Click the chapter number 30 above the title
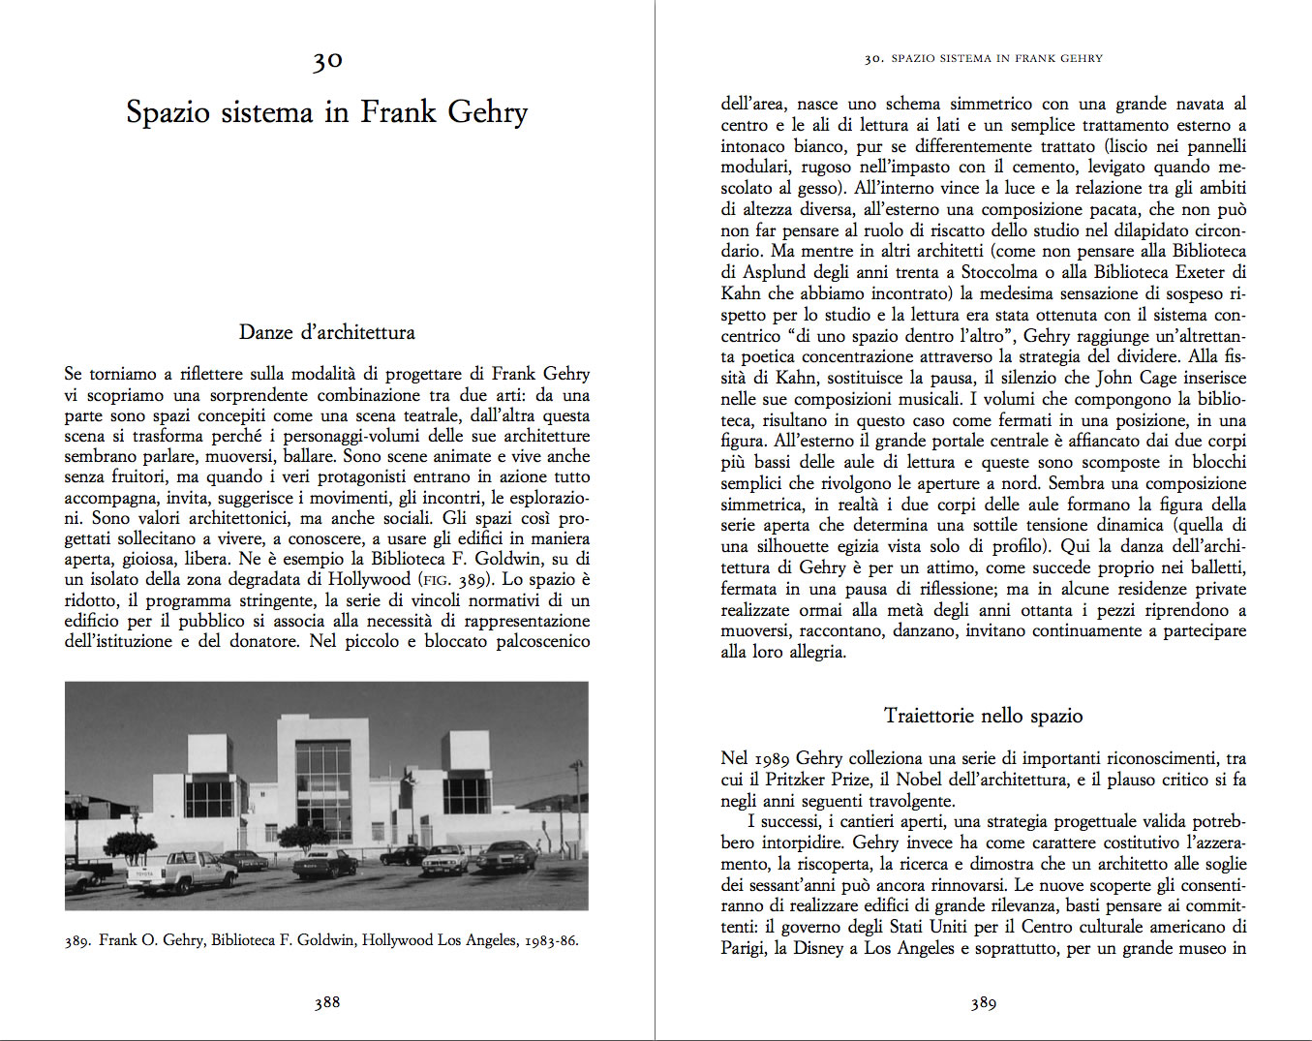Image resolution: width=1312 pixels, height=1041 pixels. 327,61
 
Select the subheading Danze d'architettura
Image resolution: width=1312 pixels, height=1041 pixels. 327,332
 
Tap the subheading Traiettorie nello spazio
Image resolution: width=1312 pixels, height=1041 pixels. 983,716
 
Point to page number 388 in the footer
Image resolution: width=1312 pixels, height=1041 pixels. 327,1002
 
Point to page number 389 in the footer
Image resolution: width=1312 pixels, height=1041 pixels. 984,1003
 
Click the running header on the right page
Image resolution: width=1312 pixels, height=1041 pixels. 984,58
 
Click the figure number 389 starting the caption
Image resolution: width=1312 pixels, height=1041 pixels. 77,940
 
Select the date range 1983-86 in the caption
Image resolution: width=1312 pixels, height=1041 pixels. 551,940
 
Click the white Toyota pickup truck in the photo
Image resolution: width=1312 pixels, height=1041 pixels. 195,871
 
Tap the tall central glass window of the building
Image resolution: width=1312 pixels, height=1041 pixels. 323,790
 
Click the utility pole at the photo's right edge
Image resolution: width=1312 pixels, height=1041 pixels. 578,804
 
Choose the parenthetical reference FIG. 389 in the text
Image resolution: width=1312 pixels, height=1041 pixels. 460,580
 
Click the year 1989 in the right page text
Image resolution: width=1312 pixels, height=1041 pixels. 772,758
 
